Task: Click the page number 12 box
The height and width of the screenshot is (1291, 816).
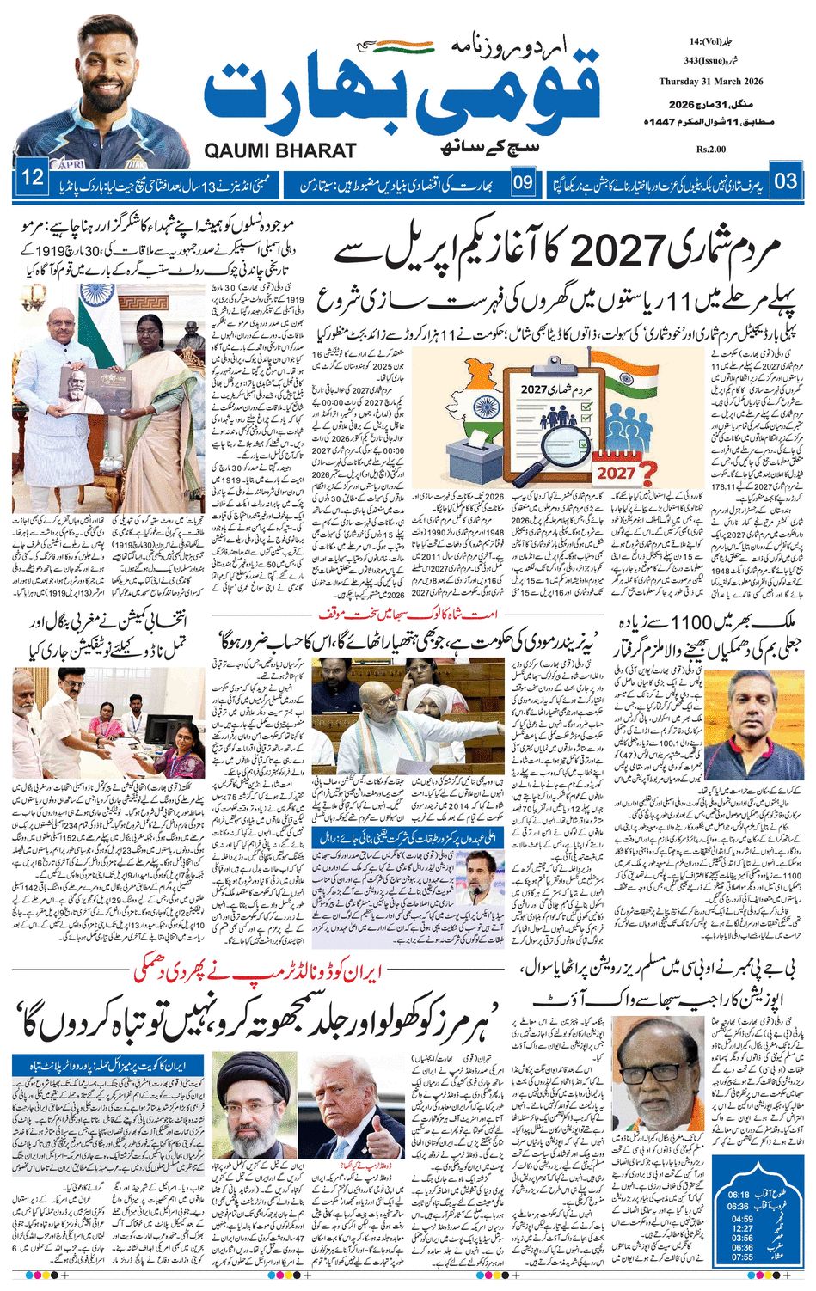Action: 33,180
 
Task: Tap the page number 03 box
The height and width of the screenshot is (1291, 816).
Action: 786,181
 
